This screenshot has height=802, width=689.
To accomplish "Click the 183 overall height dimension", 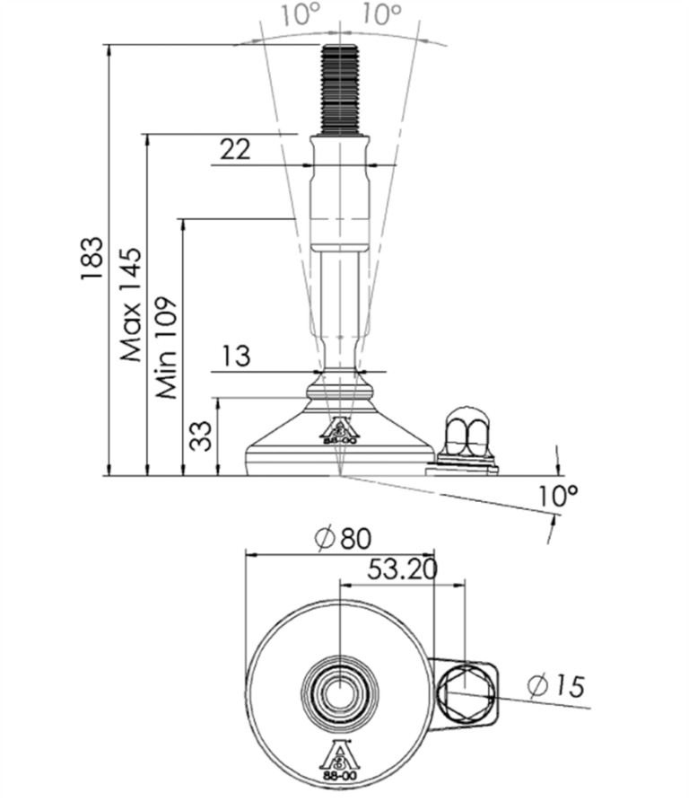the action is pyautogui.click(x=92, y=258).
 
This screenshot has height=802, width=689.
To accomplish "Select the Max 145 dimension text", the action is pyautogui.click(x=131, y=304).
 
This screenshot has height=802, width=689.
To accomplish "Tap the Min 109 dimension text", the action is pyautogui.click(x=167, y=348).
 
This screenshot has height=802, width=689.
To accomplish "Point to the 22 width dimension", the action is pyautogui.click(x=235, y=149).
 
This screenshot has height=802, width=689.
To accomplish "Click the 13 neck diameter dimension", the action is pyautogui.click(x=236, y=356).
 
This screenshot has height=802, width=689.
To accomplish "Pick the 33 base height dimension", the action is pyautogui.click(x=201, y=436).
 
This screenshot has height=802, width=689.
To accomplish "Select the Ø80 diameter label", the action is pyautogui.click(x=344, y=539).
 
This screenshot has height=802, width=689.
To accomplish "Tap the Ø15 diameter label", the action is pyautogui.click(x=555, y=686).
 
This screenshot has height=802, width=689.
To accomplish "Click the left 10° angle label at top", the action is pyautogui.click(x=301, y=13).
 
